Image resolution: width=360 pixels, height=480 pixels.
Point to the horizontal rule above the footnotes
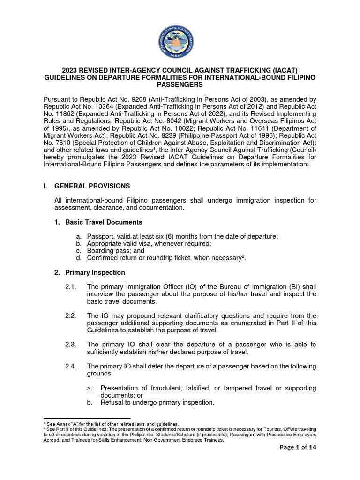tap(87, 418)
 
